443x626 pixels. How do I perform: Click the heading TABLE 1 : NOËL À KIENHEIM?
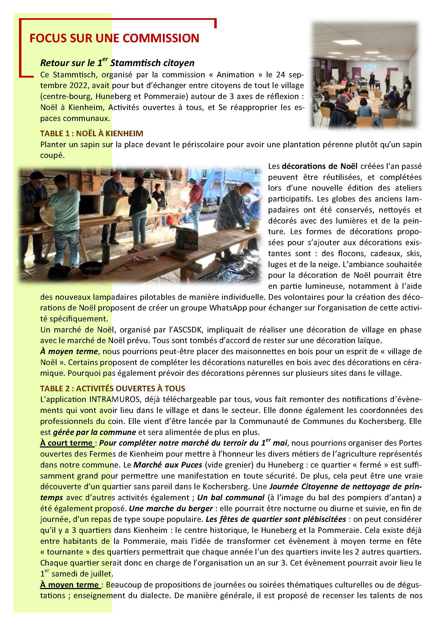coord(91,133)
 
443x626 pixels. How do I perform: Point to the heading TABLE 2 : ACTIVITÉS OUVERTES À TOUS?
coord(112,389)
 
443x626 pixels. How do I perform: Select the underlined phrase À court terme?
coord(67,443)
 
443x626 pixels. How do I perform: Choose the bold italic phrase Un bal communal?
coord(231,498)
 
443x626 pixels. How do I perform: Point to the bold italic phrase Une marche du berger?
coord(171,509)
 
